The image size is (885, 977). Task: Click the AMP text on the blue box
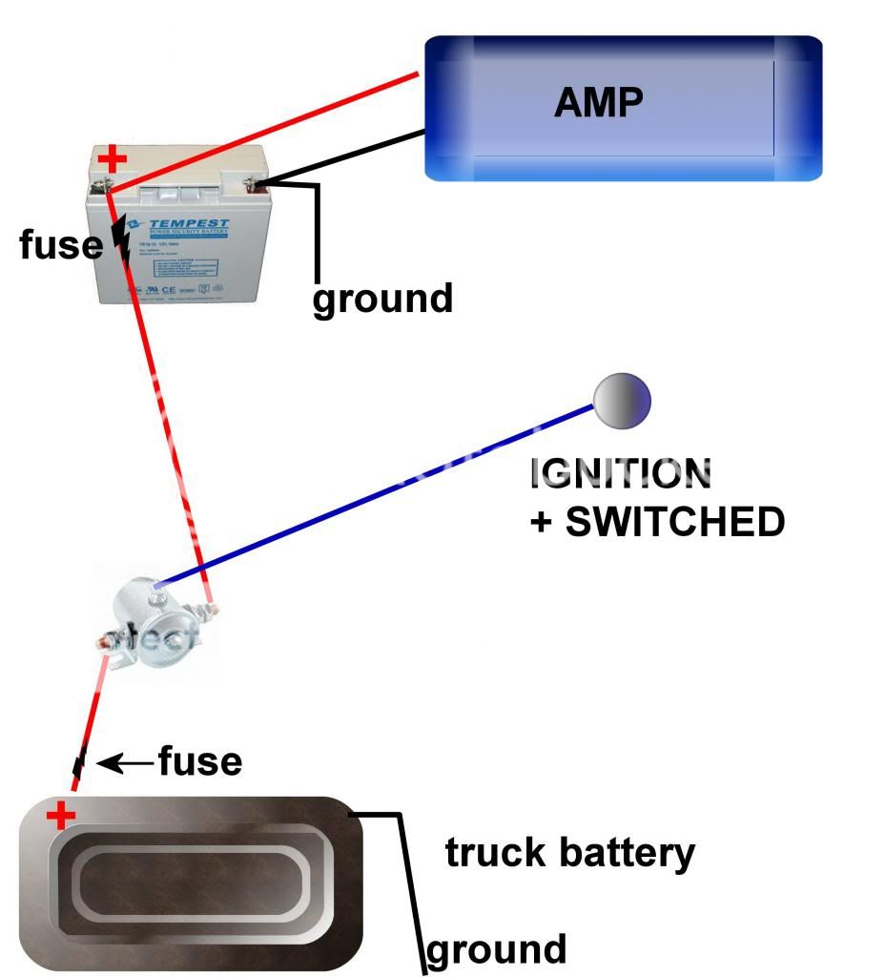pyautogui.click(x=598, y=101)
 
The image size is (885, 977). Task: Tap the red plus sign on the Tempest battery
pyautogui.click(x=113, y=159)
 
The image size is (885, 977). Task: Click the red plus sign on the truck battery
pyautogui.click(x=62, y=816)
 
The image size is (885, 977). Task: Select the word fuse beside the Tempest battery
pyautogui.click(x=60, y=245)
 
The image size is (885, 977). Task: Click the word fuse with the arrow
pyautogui.click(x=199, y=762)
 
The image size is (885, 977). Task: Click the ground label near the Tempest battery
pyautogui.click(x=382, y=299)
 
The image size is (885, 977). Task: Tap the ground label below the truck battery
pyautogui.click(x=496, y=950)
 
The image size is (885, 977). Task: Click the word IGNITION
pyautogui.click(x=621, y=472)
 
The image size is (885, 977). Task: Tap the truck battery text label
pyautogui.click(x=570, y=852)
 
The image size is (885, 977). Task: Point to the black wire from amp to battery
pyautogui.click(x=343, y=157)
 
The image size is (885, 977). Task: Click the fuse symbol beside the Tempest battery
pyautogui.click(x=121, y=239)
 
